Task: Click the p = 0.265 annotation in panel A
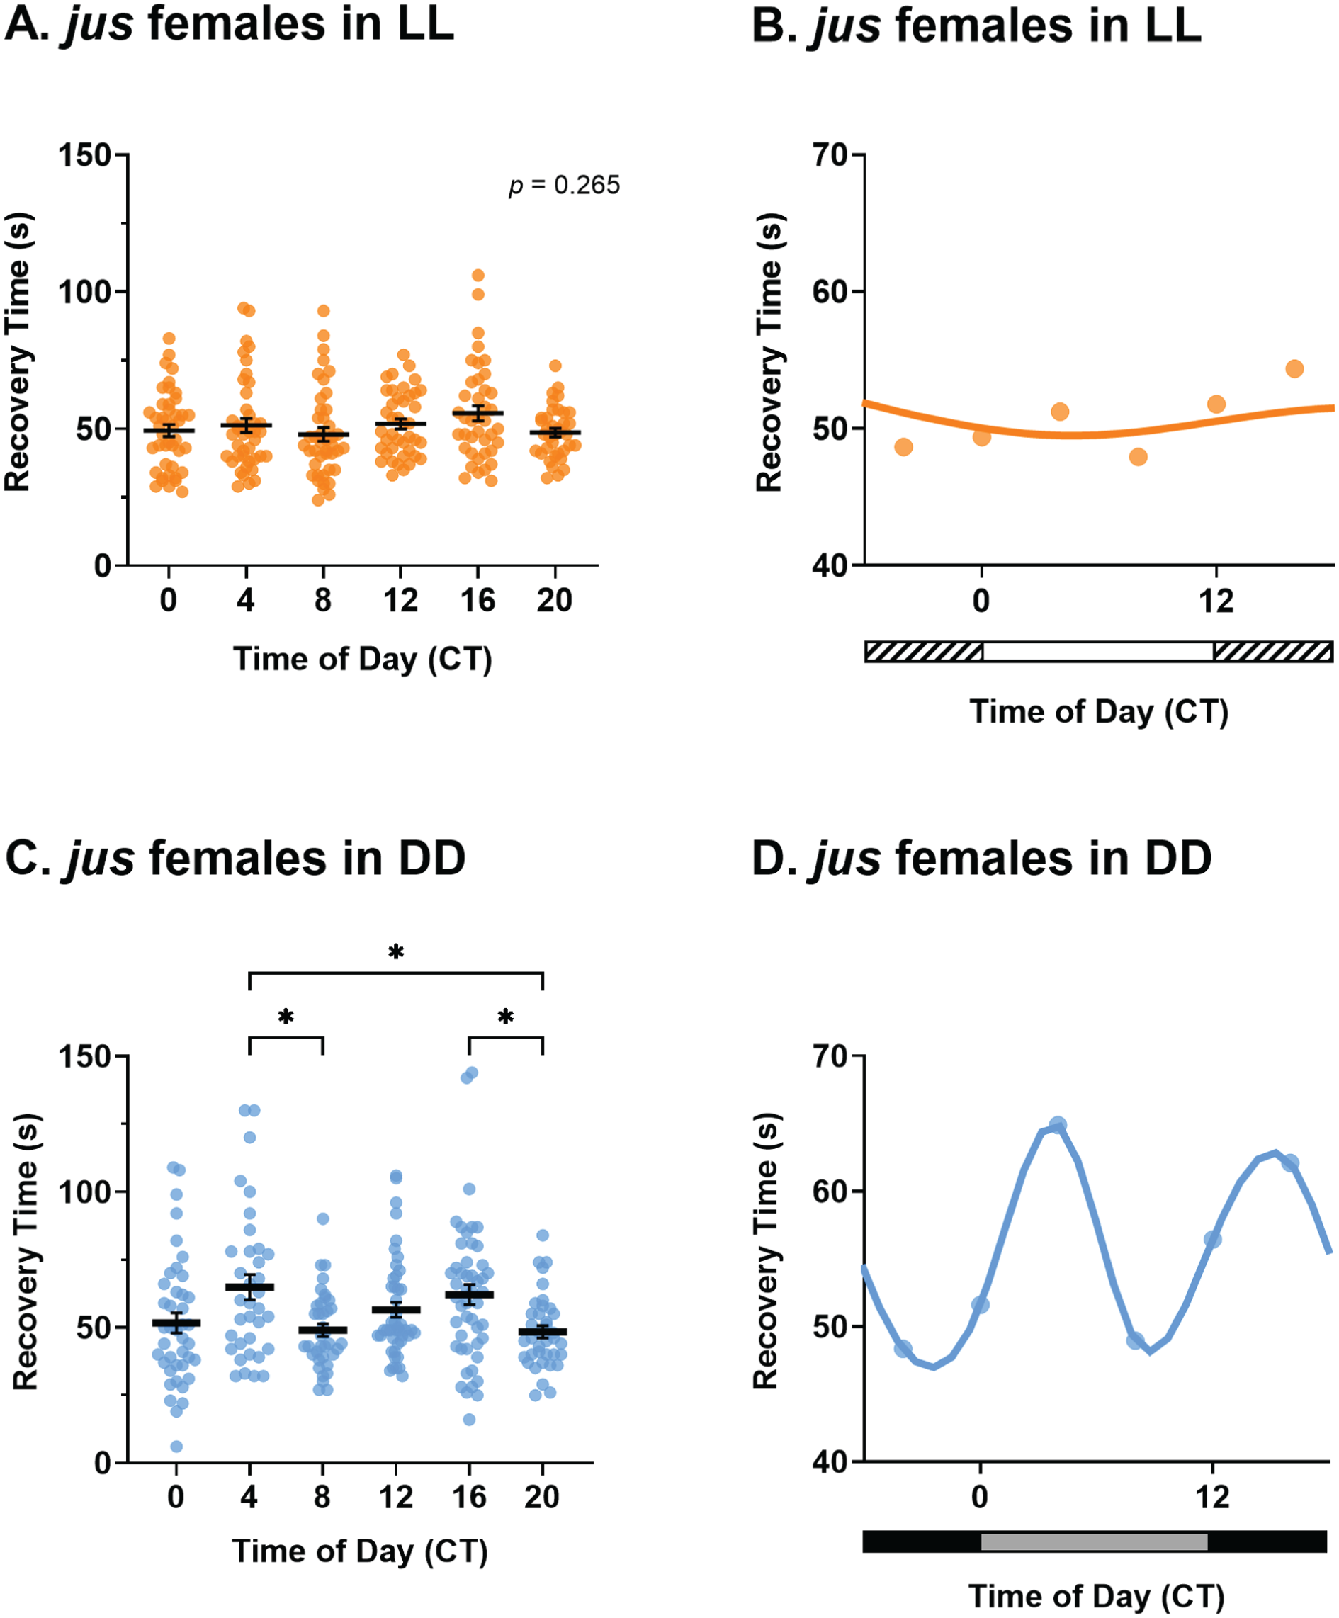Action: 564,186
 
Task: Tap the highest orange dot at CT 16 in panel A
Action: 478,275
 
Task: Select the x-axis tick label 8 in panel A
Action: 323,600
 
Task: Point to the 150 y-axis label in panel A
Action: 86,155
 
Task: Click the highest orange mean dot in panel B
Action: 1294,368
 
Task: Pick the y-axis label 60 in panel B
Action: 829,292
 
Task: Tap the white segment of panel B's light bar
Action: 1098,652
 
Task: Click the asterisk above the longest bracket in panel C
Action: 396,953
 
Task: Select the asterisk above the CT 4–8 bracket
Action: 286,1018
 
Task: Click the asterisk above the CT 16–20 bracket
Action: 505,1017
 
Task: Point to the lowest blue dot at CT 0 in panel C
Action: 176,1446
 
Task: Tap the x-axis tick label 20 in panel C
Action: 541,1497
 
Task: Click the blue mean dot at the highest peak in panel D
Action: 1058,1126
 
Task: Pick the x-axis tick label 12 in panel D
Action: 1212,1497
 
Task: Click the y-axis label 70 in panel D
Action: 829,1056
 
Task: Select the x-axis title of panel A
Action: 362,660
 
